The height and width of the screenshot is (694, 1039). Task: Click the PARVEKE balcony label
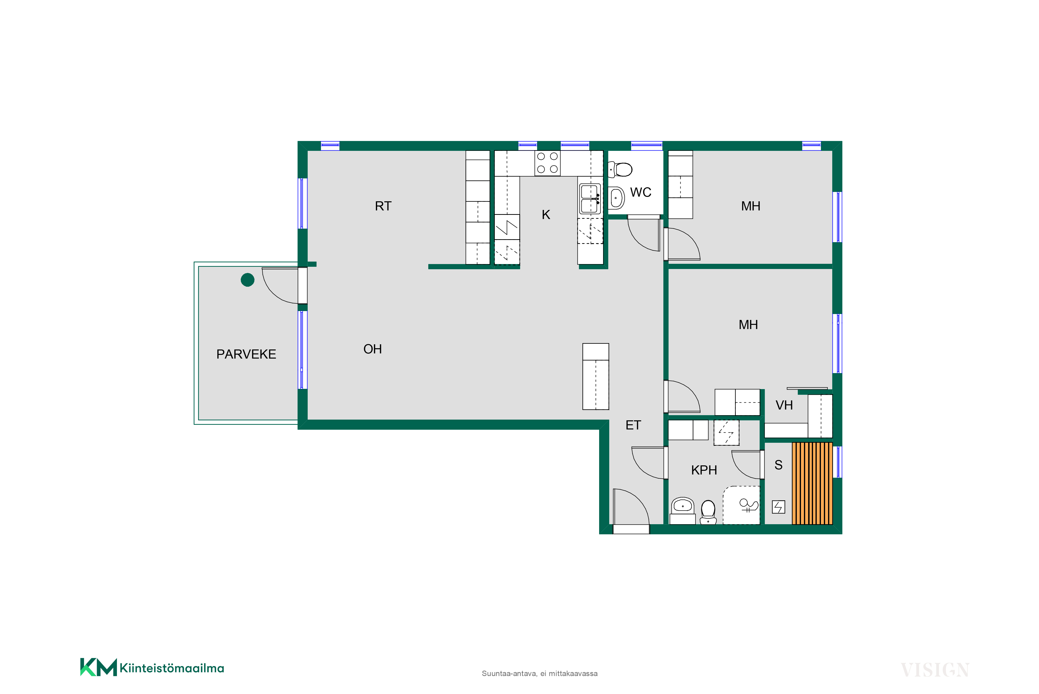click(246, 354)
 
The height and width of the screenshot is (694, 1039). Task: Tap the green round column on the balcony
click(247, 280)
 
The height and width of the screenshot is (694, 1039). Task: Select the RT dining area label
click(383, 206)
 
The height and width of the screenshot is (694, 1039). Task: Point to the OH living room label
click(372, 349)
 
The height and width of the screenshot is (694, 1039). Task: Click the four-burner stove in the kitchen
click(547, 163)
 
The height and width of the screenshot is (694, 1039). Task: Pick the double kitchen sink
click(590, 199)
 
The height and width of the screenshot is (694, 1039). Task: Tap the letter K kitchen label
click(546, 215)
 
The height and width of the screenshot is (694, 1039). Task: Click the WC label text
click(640, 192)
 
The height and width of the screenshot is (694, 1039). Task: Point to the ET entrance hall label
click(633, 425)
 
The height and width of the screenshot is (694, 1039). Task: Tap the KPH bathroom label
click(704, 470)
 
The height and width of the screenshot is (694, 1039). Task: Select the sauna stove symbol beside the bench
click(778, 507)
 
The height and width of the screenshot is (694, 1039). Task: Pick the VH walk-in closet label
click(784, 405)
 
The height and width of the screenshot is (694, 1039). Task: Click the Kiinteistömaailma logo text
click(172, 668)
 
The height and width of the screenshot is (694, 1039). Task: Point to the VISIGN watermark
click(935, 670)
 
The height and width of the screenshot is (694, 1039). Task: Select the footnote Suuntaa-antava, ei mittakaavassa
click(540, 674)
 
